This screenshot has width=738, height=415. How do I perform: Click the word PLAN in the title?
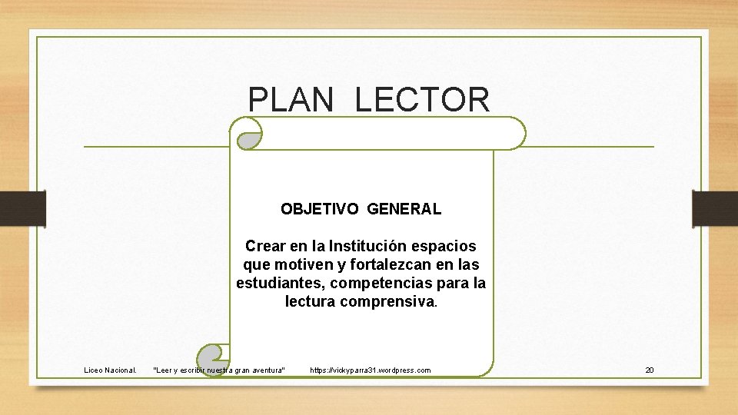(291, 100)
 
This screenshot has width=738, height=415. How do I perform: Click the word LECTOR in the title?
(422, 100)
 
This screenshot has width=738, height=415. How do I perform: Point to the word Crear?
(265, 247)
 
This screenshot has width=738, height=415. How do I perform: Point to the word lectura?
(309, 302)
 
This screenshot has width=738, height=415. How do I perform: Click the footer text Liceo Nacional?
(110, 370)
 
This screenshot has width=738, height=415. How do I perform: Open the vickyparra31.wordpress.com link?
(370, 370)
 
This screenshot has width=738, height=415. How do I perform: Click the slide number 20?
(649, 370)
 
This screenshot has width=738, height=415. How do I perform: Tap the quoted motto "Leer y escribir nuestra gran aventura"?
(219, 370)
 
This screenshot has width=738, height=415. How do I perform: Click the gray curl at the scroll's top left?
(248, 139)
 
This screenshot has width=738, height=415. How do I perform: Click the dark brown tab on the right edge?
(714, 208)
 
